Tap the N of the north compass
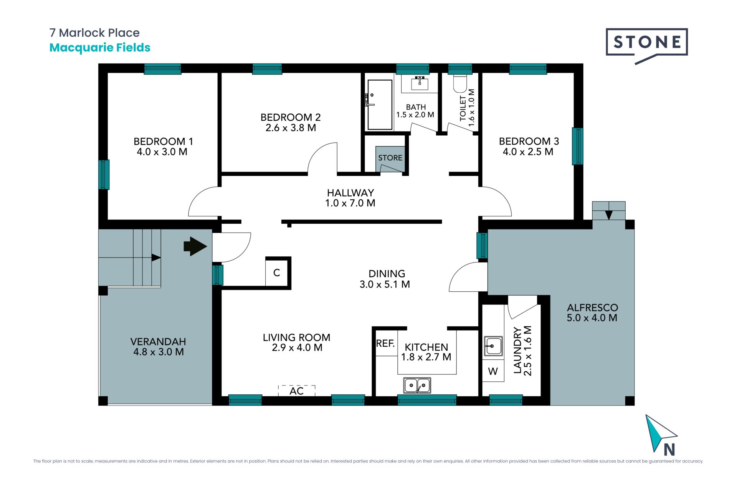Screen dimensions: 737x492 click(669, 449)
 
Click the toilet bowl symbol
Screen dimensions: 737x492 click(460, 83)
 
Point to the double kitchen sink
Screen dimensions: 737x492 click(417, 385)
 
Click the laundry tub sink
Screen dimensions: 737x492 click(493, 346)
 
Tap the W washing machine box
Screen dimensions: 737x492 click(493, 371)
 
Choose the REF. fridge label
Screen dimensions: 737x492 click(385, 343)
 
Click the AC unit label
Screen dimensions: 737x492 click(297, 391)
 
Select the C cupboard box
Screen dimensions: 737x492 click(277, 273)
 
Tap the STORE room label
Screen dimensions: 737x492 click(390, 158)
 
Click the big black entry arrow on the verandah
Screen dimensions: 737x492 click(195, 246)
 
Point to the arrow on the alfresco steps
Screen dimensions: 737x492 click(609, 215)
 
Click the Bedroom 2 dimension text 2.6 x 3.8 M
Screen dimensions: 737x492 click(291, 128)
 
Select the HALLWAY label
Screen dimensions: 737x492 click(350, 193)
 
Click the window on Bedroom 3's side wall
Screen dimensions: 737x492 click(577, 146)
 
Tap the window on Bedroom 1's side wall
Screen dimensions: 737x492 click(104, 175)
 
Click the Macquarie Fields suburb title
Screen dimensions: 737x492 click(100, 48)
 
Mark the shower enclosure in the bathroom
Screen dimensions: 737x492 click(380, 105)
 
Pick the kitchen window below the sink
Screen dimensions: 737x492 click(427, 400)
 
